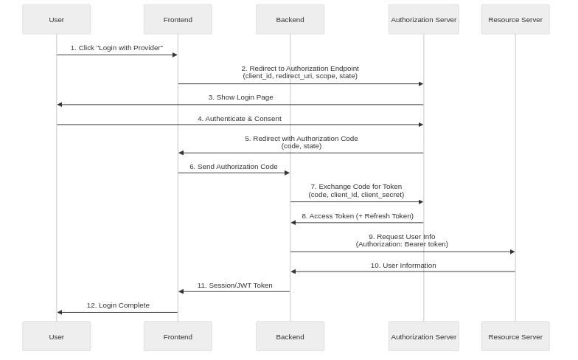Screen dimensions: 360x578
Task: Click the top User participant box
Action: point(57,19)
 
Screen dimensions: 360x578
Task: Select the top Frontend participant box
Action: point(178,19)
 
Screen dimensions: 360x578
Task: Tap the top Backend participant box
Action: point(290,19)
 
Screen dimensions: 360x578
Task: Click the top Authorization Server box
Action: point(424,19)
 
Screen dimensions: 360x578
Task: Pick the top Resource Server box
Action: point(515,19)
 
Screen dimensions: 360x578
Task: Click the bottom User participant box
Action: point(57,336)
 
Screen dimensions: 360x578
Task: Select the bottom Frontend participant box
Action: point(178,336)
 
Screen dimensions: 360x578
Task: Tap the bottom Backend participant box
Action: point(290,336)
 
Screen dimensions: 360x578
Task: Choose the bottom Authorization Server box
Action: point(424,336)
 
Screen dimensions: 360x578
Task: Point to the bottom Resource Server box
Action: point(515,336)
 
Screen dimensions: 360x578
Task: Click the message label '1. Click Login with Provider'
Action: point(116,48)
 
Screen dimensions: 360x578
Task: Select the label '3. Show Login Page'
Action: point(240,97)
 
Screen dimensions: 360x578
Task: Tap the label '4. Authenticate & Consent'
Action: point(239,118)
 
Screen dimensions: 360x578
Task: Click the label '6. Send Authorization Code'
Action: point(234,167)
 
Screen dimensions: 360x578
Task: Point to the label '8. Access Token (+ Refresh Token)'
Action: point(357,216)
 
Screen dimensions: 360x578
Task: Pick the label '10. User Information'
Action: point(403,265)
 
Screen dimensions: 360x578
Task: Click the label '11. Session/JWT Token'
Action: point(234,285)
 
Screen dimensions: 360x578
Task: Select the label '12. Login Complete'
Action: point(118,305)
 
